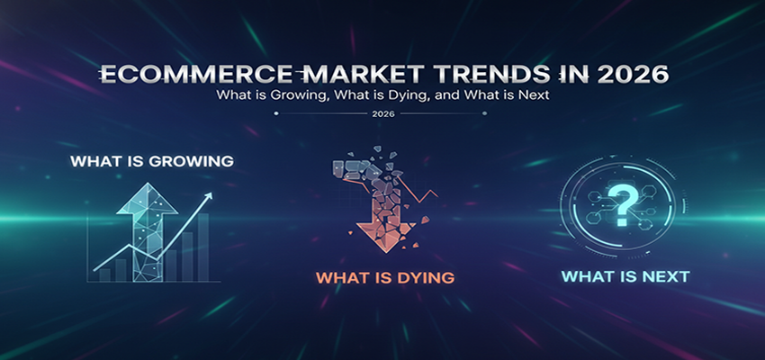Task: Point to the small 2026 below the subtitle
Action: (382, 114)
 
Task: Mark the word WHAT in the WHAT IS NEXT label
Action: (585, 276)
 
